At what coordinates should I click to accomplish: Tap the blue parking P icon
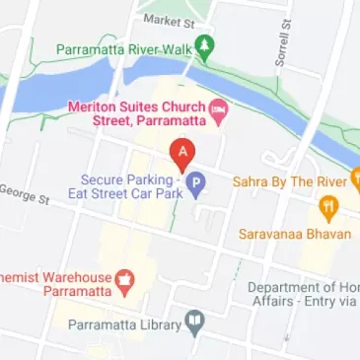click(x=196, y=183)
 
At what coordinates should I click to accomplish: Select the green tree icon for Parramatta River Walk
click(x=204, y=45)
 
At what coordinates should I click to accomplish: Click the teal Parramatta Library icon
click(x=195, y=324)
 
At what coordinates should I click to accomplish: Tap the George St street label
click(x=24, y=193)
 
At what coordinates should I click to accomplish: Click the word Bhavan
click(x=313, y=235)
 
